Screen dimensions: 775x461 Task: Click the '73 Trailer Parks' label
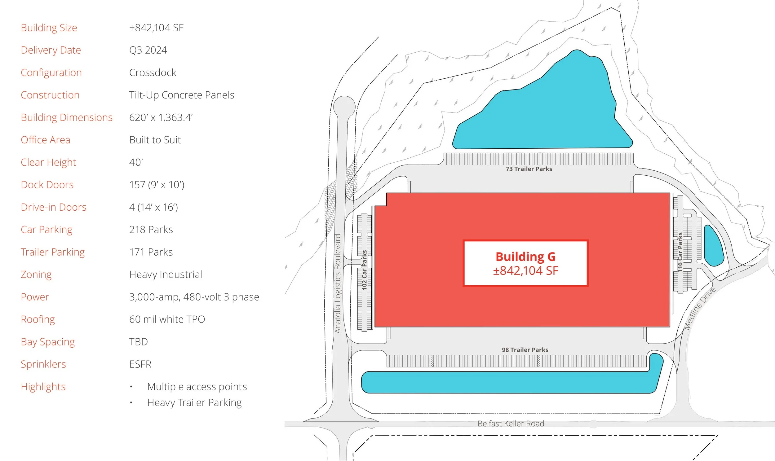(529, 169)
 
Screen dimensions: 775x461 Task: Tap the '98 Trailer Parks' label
(525, 350)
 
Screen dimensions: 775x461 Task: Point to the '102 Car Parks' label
(365, 270)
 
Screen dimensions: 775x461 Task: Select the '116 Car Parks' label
(680, 252)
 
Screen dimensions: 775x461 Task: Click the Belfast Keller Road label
(511, 424)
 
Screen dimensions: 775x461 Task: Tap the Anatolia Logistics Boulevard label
(338, 283)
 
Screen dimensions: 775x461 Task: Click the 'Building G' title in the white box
(525, 257)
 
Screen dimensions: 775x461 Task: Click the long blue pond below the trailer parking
(510, 382)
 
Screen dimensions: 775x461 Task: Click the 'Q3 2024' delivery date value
(148, 50)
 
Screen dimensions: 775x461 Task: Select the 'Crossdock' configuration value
(153, 73)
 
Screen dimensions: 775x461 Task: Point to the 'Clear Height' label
(48, 162)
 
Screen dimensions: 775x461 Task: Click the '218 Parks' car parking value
(151, 230)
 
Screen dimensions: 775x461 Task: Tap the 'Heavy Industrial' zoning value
(166, 274)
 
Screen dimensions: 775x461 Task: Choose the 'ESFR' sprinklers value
(140, 364)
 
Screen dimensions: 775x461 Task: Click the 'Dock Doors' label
(47, 185)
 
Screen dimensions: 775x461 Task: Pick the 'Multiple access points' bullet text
(197, 387)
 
